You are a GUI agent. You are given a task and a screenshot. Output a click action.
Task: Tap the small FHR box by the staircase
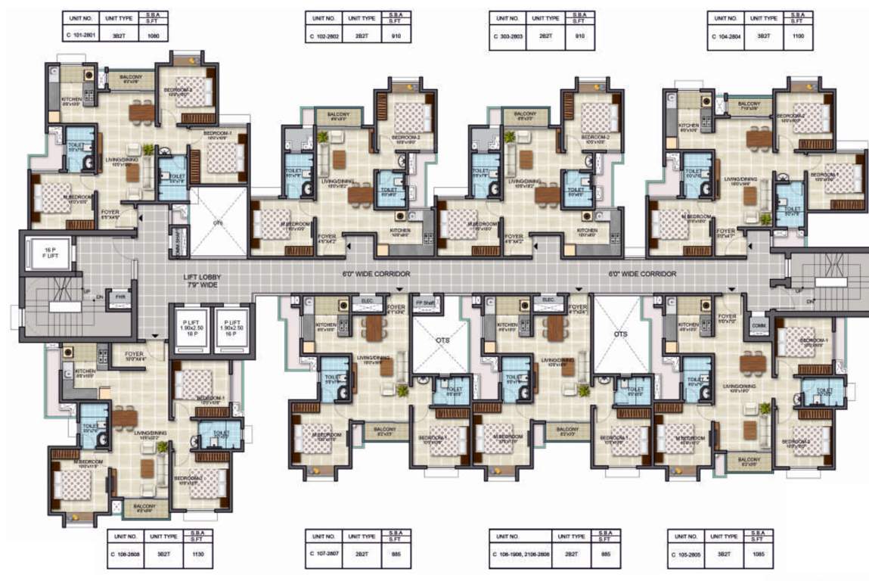pos(120,297)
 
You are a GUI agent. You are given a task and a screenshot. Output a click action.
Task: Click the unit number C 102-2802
pos(324,34)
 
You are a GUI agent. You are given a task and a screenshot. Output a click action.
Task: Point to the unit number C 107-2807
pos(324,553)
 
